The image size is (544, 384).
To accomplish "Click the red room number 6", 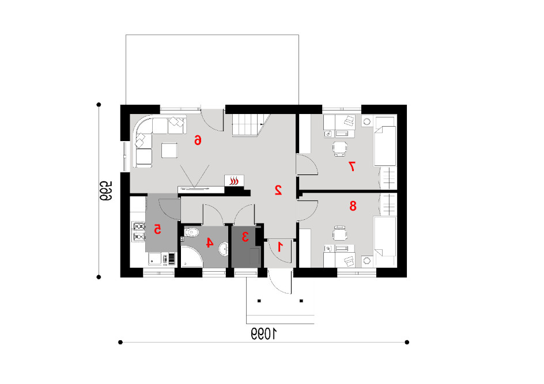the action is click(198, 140).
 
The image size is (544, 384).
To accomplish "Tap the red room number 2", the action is click(278, 190).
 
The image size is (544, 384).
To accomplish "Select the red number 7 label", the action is click(352, 166).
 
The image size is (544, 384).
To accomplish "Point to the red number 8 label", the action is click(353, 206).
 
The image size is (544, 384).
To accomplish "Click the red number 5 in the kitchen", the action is click(157, 229).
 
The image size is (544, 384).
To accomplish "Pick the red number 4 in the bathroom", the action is click(209, 242).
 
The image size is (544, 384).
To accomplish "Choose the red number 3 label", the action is click(245, 237).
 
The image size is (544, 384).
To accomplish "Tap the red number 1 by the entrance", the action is click(280, 247).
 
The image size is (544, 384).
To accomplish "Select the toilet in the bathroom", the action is click(191, 232).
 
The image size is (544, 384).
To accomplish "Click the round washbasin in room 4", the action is click(224, 249).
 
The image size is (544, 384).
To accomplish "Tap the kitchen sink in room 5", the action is click(155, 258).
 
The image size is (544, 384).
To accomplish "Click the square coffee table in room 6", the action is click(169, 150).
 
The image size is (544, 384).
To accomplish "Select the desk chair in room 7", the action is click(339, 149).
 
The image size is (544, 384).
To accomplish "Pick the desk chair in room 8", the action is click(339, 233).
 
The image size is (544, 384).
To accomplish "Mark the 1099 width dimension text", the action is click(264, 334).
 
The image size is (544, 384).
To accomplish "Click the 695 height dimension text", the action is click(105, 191).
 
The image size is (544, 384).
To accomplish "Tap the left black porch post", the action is click(259, 301).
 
